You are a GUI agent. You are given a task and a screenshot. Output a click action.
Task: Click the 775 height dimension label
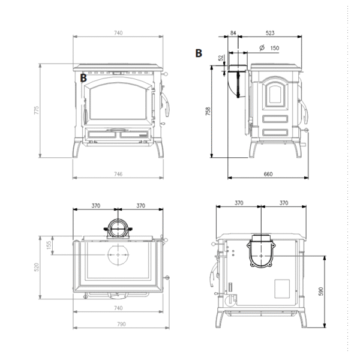[x=36, y=110]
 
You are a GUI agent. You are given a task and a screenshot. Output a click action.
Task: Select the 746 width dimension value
[x=118, y=174]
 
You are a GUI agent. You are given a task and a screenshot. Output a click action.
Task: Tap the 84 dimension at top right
[x=233, y=33]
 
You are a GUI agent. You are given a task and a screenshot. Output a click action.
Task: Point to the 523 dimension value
[x=270, y=33]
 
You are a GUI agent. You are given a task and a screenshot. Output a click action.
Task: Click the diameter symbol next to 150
[x=262, y=47]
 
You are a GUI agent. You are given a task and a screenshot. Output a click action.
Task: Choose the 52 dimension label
[x=221, y=58]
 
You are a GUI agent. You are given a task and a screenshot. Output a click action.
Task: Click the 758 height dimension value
[x=208, y=111]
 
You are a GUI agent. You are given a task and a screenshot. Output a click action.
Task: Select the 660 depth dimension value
[x=268, y=174]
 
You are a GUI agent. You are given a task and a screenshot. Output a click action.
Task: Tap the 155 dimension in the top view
[x=49, y=245]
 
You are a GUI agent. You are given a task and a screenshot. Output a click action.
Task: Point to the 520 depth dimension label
[x=36, y=267]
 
